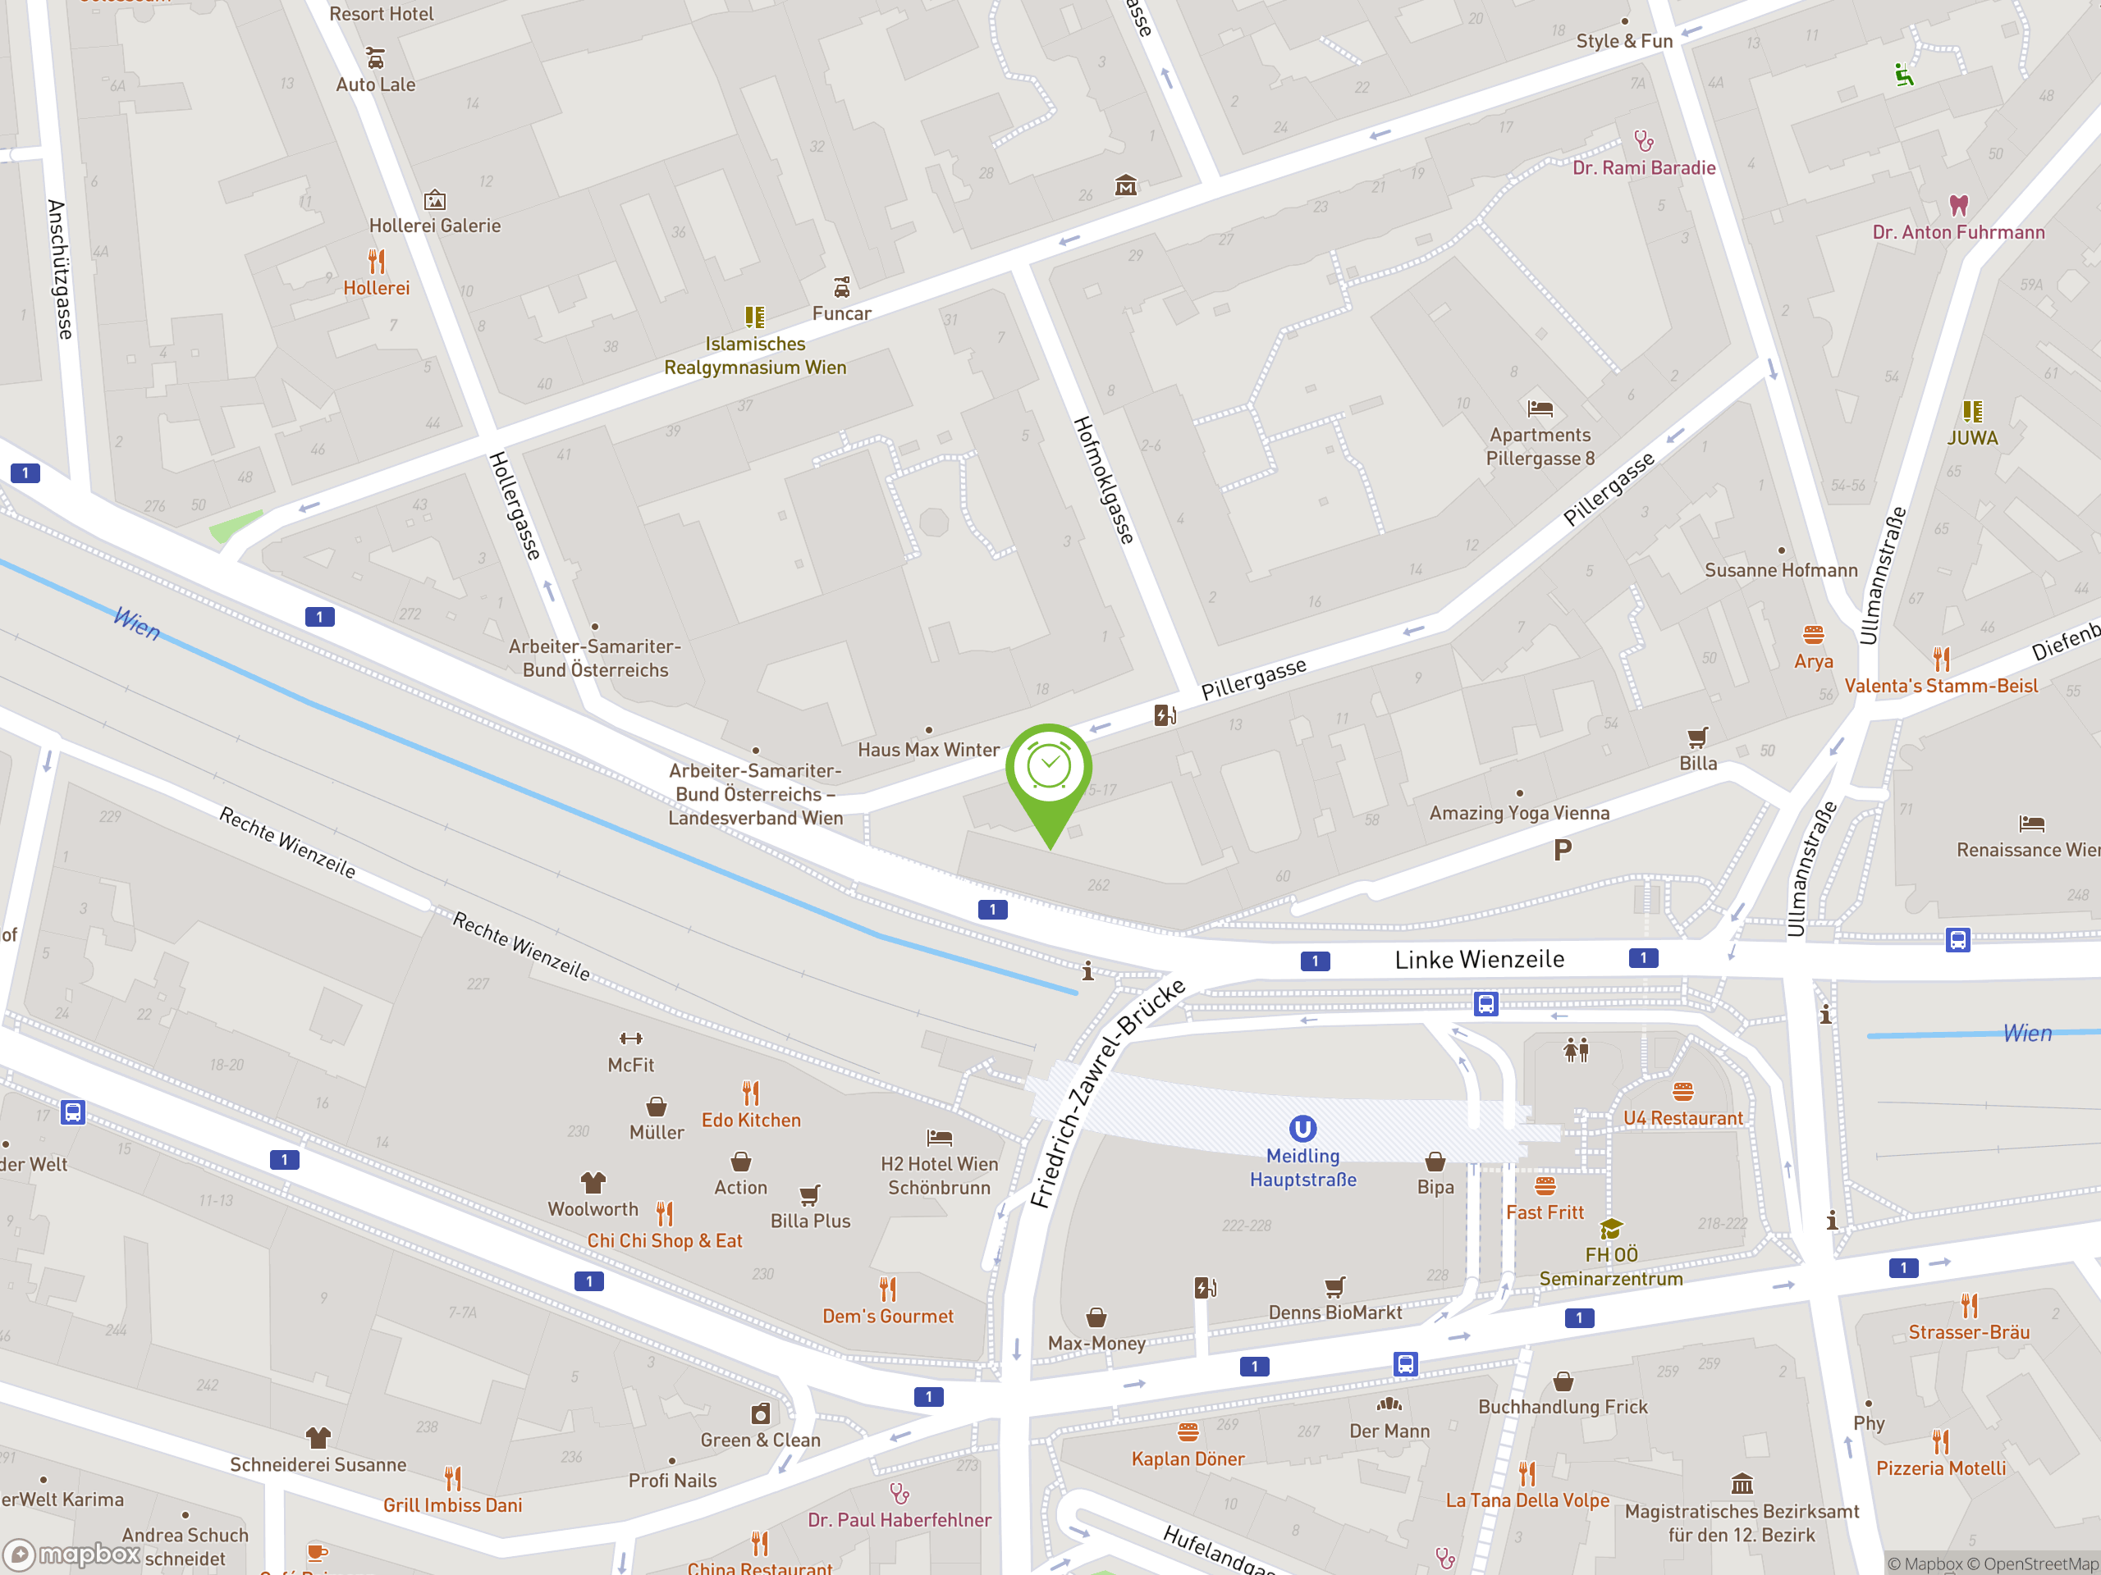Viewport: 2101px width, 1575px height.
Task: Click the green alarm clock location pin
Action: (x=1049, y=769)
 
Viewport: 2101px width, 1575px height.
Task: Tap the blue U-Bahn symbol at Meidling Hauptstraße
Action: (x=1302, y=1128)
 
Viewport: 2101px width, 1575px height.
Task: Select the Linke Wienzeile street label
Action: (x=1479, y=960)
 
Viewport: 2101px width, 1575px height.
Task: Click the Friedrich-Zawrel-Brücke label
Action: (x=1109, y=1093)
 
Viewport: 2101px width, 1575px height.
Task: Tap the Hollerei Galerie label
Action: (x=434, y=226)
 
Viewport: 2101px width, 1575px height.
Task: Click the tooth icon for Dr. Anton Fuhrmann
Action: (x=1958, y=204)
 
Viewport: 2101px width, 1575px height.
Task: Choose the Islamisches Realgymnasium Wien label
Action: (x=755, y=356)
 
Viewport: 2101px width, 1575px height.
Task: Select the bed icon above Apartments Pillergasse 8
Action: (x=1540, y=409)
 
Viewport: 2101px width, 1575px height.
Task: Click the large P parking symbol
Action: (x=1563, y=850)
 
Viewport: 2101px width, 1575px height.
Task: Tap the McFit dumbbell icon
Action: (x=630, y=1039)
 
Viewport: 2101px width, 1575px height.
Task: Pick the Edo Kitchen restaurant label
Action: (x=751, y=1121)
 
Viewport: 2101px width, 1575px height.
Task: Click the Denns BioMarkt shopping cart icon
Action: (x=1335, y=1287)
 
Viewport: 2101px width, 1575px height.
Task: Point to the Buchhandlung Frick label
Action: (x=1563, y=1407)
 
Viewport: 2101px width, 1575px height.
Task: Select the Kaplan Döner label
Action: (x=1188, y=1459)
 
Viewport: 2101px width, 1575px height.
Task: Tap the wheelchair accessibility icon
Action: (x=1903, y=75)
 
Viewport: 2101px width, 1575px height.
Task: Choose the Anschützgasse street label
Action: (x=59, y=270)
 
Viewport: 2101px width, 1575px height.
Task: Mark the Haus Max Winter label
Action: (x=928, y=750)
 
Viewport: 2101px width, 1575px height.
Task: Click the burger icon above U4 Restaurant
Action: (x=1683, y=1092)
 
